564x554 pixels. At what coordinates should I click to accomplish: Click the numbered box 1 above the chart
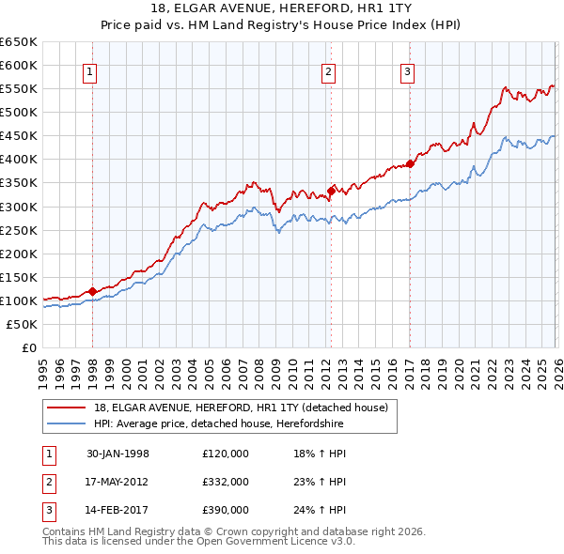pyautogui.click(x=89, y=72)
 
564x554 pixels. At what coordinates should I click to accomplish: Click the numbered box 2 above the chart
pyautogui.click(x=328, y=72)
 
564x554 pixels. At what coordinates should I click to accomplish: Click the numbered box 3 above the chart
pyautogui.click(x=407, y=72)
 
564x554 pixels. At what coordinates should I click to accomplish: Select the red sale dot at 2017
pyautogui.click(x=411, y=163)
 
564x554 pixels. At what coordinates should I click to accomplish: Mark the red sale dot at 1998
pyautogui.click(x=93, y=291)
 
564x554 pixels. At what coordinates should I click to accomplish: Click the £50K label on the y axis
pyautogui.click(x=22, y=324)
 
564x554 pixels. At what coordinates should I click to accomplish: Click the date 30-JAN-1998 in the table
pyautogui.click(x=117, y=454)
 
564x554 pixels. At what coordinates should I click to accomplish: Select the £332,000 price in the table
pyautogui.click(x=225, y=482)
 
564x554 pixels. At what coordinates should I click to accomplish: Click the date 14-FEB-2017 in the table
pyautogui.click(x=117, y=510)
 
